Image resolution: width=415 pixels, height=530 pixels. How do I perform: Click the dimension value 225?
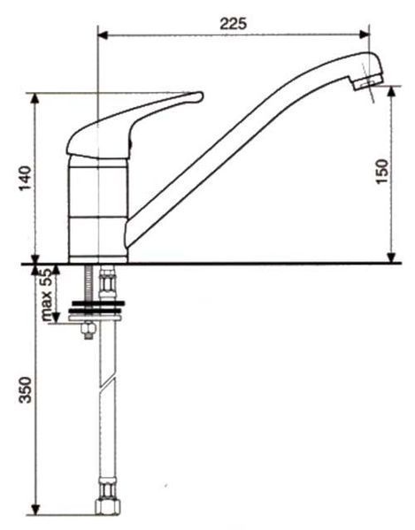[x=234, y=23]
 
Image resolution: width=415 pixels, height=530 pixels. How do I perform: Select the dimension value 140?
[x=25, y=178]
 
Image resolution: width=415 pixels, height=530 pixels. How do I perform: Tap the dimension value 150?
[x=382, y=172]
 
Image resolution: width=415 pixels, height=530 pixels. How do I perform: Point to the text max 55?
[x=46, y=294]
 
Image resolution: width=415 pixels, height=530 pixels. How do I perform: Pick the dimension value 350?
[x=25, y=390]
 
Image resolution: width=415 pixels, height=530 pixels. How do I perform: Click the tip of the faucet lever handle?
[x=202, y=96]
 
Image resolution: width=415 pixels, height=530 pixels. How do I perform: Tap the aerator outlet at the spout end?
[x=368, y=81]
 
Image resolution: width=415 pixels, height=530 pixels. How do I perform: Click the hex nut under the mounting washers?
[x=88, y=330]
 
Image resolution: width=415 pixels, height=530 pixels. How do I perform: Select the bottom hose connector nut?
[x=107, y=505]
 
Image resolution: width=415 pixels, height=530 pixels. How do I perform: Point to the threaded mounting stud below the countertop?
[x=89, y=282]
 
